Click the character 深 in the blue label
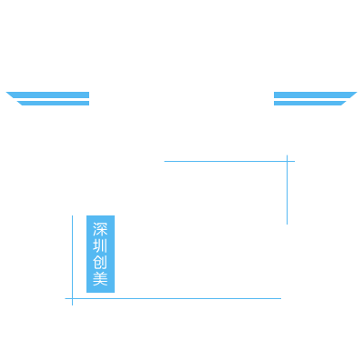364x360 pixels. point(100,229)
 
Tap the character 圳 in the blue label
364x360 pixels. point(100,245)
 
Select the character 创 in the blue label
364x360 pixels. point(100,262)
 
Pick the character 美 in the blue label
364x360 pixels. point(100,278)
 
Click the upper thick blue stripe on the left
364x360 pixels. point(48,95)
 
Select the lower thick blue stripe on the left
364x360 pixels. point(54,103)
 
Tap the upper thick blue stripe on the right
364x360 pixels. point(315,95)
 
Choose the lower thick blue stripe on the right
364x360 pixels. point(309,103)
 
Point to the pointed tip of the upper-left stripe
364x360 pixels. point(6,92)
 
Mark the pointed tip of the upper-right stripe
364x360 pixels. point(357,92)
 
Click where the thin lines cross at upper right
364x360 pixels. point(287,161)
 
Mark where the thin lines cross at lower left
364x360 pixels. point(72,298)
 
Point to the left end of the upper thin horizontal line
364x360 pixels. point(165,161)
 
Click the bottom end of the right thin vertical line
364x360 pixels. point(287,224)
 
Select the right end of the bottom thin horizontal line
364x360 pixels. point(280,298)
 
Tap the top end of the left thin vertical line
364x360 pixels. point(72,215)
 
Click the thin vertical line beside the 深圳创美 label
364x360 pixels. point(72,260)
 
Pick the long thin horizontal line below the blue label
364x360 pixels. point(173,298)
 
